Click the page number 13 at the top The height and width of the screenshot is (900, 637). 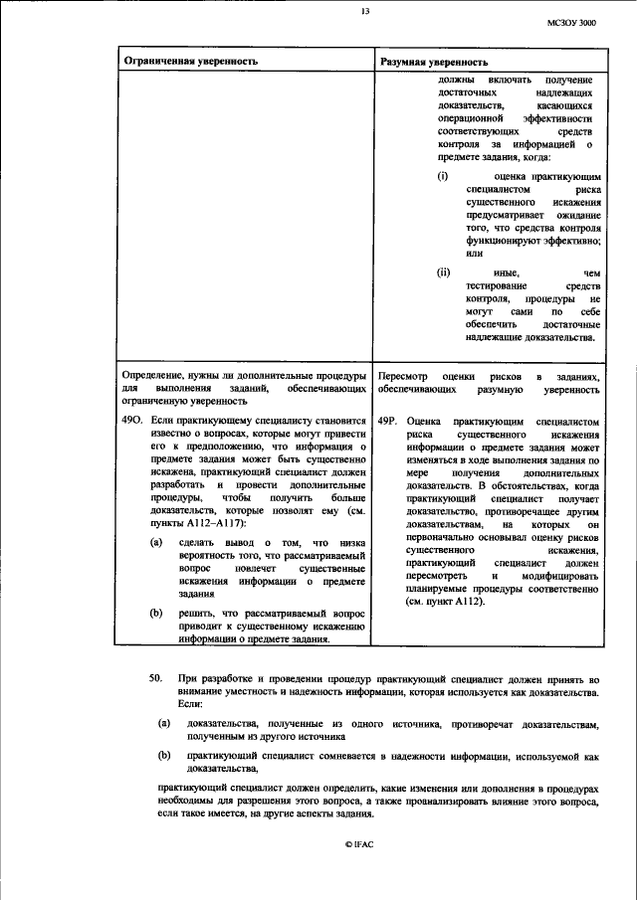tap(364, 11)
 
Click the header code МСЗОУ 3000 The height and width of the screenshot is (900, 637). tap(574, 21)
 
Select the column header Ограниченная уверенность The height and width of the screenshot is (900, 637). tap(190, 61)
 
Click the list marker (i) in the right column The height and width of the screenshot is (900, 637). tap(443, 175)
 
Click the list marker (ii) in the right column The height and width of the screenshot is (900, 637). tap(444, 271)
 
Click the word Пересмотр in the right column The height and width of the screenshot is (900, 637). tap(406, 378)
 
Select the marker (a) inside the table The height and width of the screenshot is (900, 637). tap(157, 542)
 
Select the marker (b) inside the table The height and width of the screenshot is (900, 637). tap(157, 613)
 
